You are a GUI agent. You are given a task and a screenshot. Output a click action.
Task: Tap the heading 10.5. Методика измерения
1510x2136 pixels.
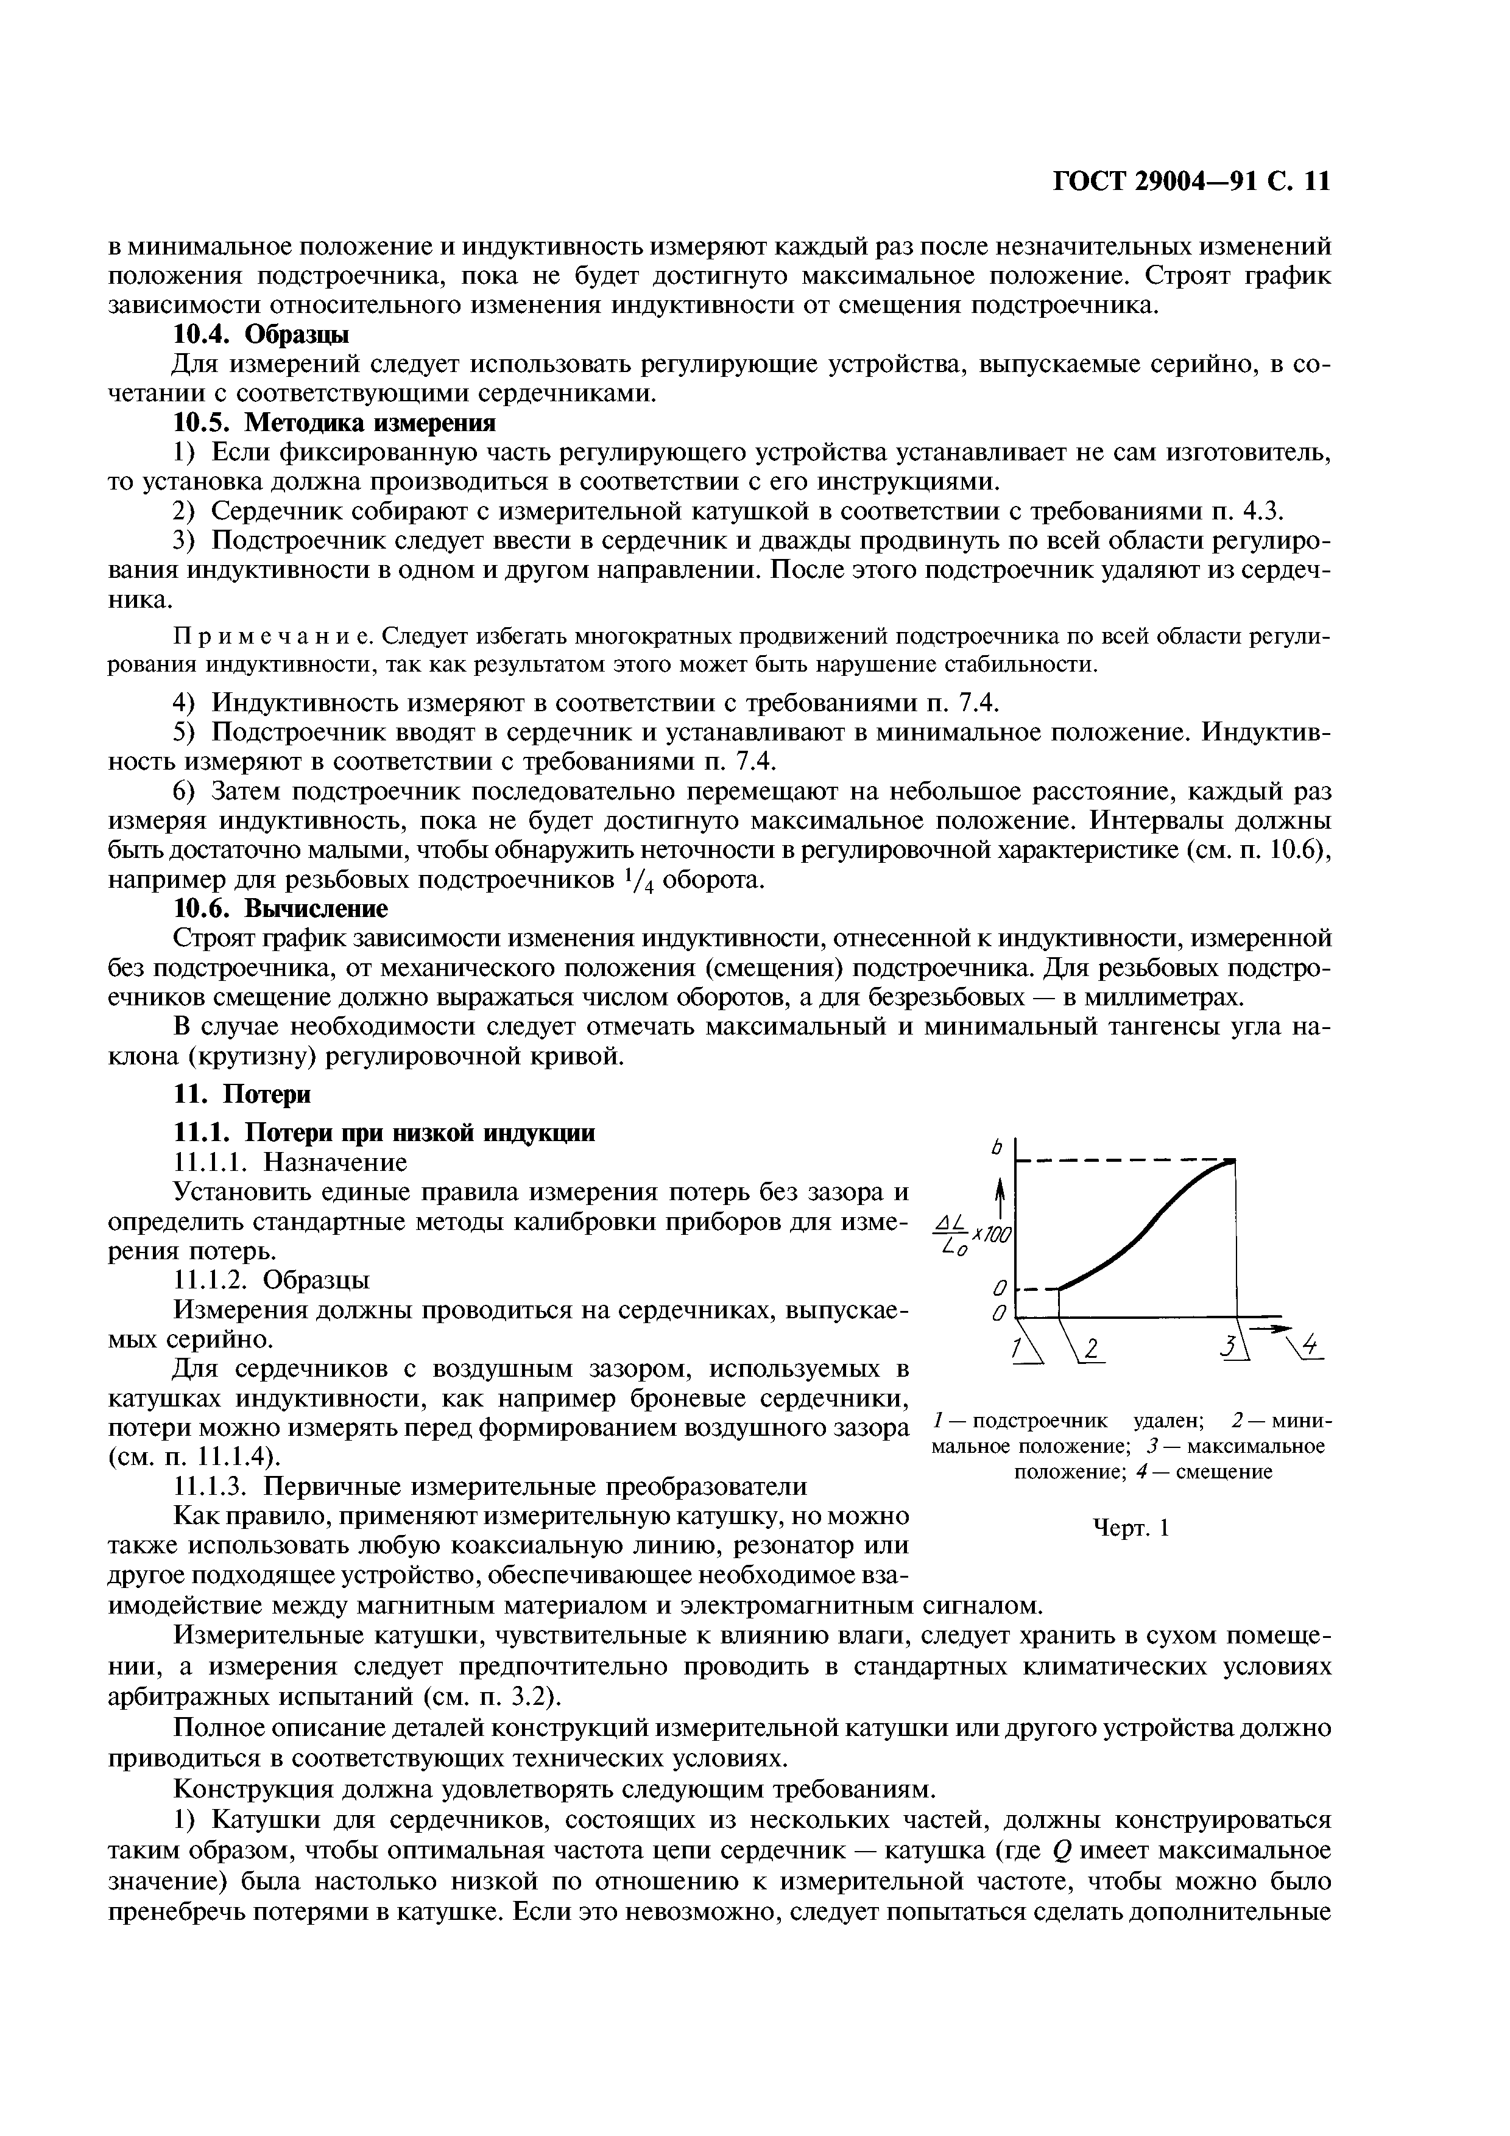click(335, 423)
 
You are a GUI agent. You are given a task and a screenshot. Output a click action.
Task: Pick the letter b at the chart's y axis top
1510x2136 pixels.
click(995, 1150)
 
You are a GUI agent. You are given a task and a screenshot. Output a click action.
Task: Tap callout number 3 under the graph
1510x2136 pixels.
click(1230, 1346)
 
